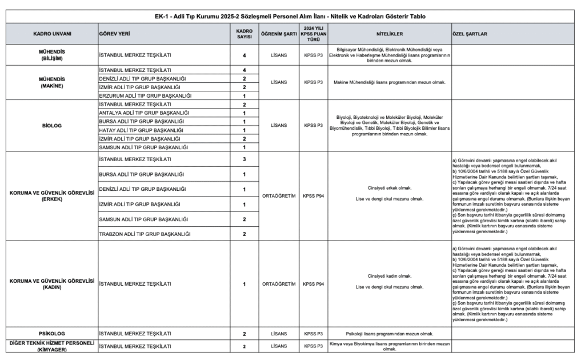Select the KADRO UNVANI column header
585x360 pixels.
tap(51, 34)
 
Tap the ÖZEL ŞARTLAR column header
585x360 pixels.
tap(469, 34)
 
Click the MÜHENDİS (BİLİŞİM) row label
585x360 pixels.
tap(51, 55)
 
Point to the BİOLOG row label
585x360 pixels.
tap(51, 126)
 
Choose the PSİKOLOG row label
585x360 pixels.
tap(51, 333)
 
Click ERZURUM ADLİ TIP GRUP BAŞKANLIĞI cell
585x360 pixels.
tap(145, 96)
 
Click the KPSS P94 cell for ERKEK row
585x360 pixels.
tap(313, 195)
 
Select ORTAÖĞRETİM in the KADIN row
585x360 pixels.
tap(278, 283)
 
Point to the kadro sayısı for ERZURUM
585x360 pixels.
tap(244, 96)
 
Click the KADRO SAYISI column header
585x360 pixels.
tap(244, 34)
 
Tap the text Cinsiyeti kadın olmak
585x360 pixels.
tap(390, 275)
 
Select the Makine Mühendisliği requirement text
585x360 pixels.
tap(390, 83)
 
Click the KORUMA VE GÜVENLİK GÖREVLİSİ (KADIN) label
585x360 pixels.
tap(51, 283)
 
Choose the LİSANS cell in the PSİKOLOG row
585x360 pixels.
tap(278, 333)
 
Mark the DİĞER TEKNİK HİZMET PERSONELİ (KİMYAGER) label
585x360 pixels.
tap(51, 346)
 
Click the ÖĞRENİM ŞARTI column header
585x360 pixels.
tap(278, 34)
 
